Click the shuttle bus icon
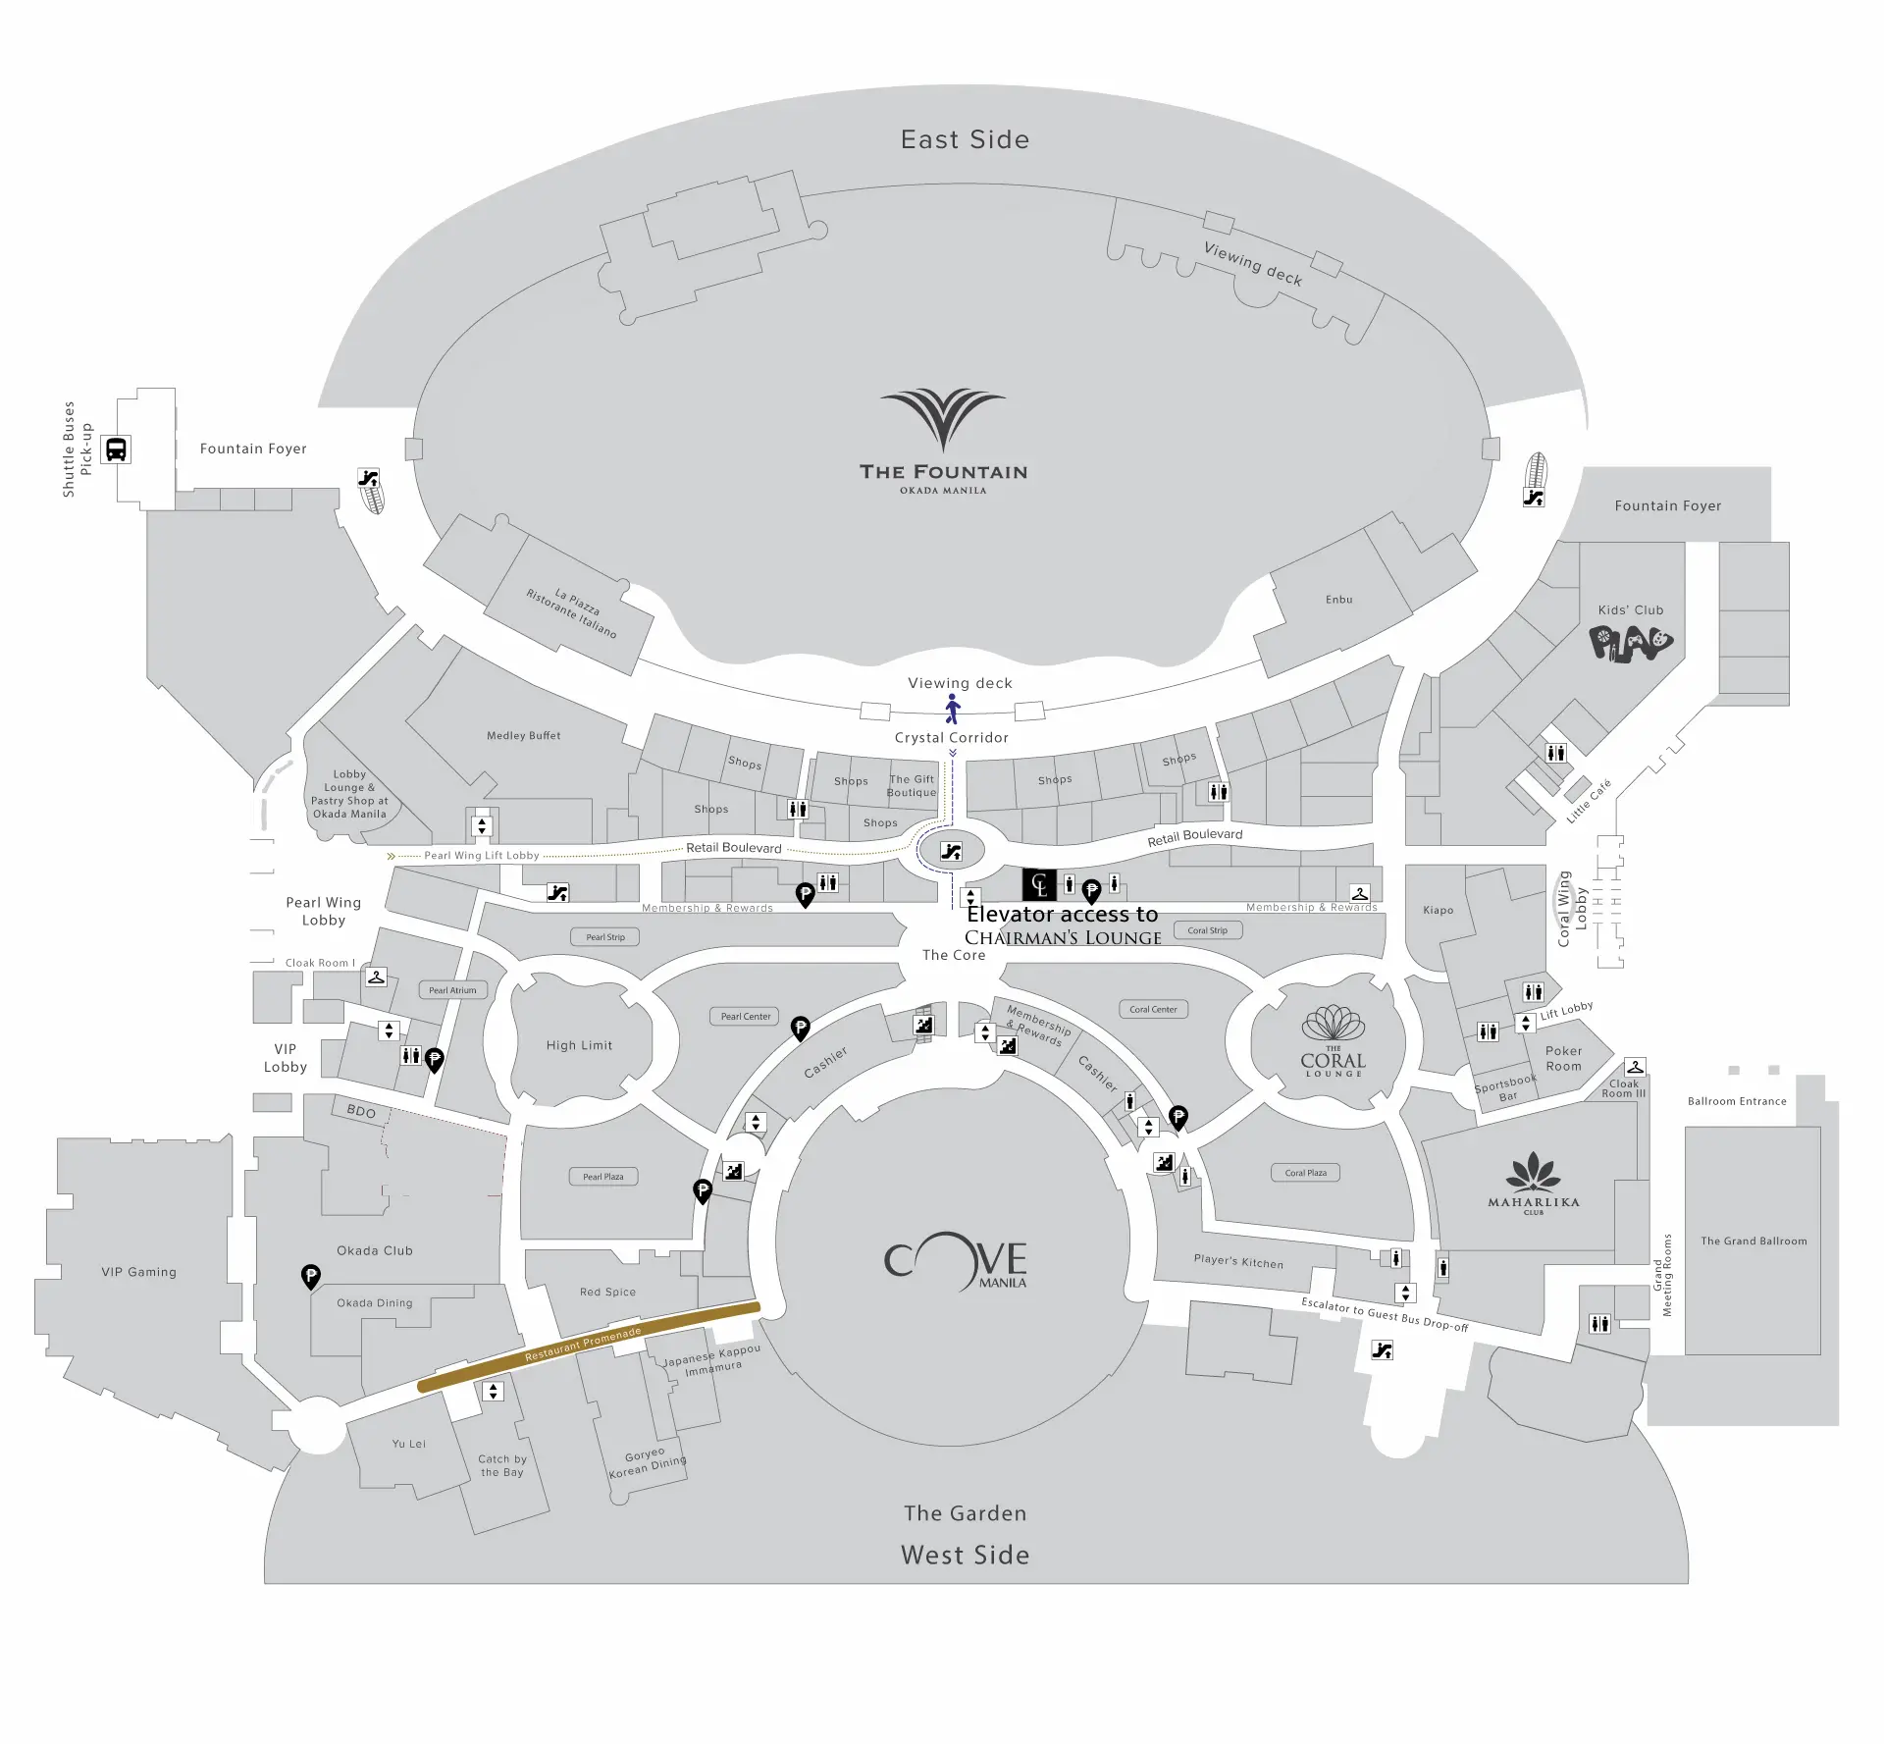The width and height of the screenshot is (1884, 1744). click(x=116, y=449)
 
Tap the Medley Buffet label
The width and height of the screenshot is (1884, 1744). click(x=524, y=735)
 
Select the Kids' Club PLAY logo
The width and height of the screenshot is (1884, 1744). click(x=1631, y=644)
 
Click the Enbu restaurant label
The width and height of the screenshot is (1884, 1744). click(x=1339, y=600)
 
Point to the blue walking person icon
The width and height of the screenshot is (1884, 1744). click(x=952, y=709)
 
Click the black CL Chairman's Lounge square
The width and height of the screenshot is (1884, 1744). click(x=1039, y=885)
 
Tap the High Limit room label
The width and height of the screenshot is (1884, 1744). click(x=580, y=1045)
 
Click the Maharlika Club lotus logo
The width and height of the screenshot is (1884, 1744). click(x=1534, y=1173)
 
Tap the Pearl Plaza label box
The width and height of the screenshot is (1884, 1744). click(x=603, y=1177)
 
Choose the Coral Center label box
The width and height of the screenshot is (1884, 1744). click(x=1153, y=1009)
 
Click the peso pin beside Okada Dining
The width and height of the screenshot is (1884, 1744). click(x=310, y=1276)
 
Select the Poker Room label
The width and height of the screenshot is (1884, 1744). click(x=1563, y=1058)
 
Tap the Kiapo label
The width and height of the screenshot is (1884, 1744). click(x=1439, y=910)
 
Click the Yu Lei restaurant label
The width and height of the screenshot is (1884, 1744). click(x=409, y=1444)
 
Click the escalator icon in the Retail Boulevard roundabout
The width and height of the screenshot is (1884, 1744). click(x=951, y=852)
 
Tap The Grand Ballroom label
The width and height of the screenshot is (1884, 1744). click(x=1753, y=1241)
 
